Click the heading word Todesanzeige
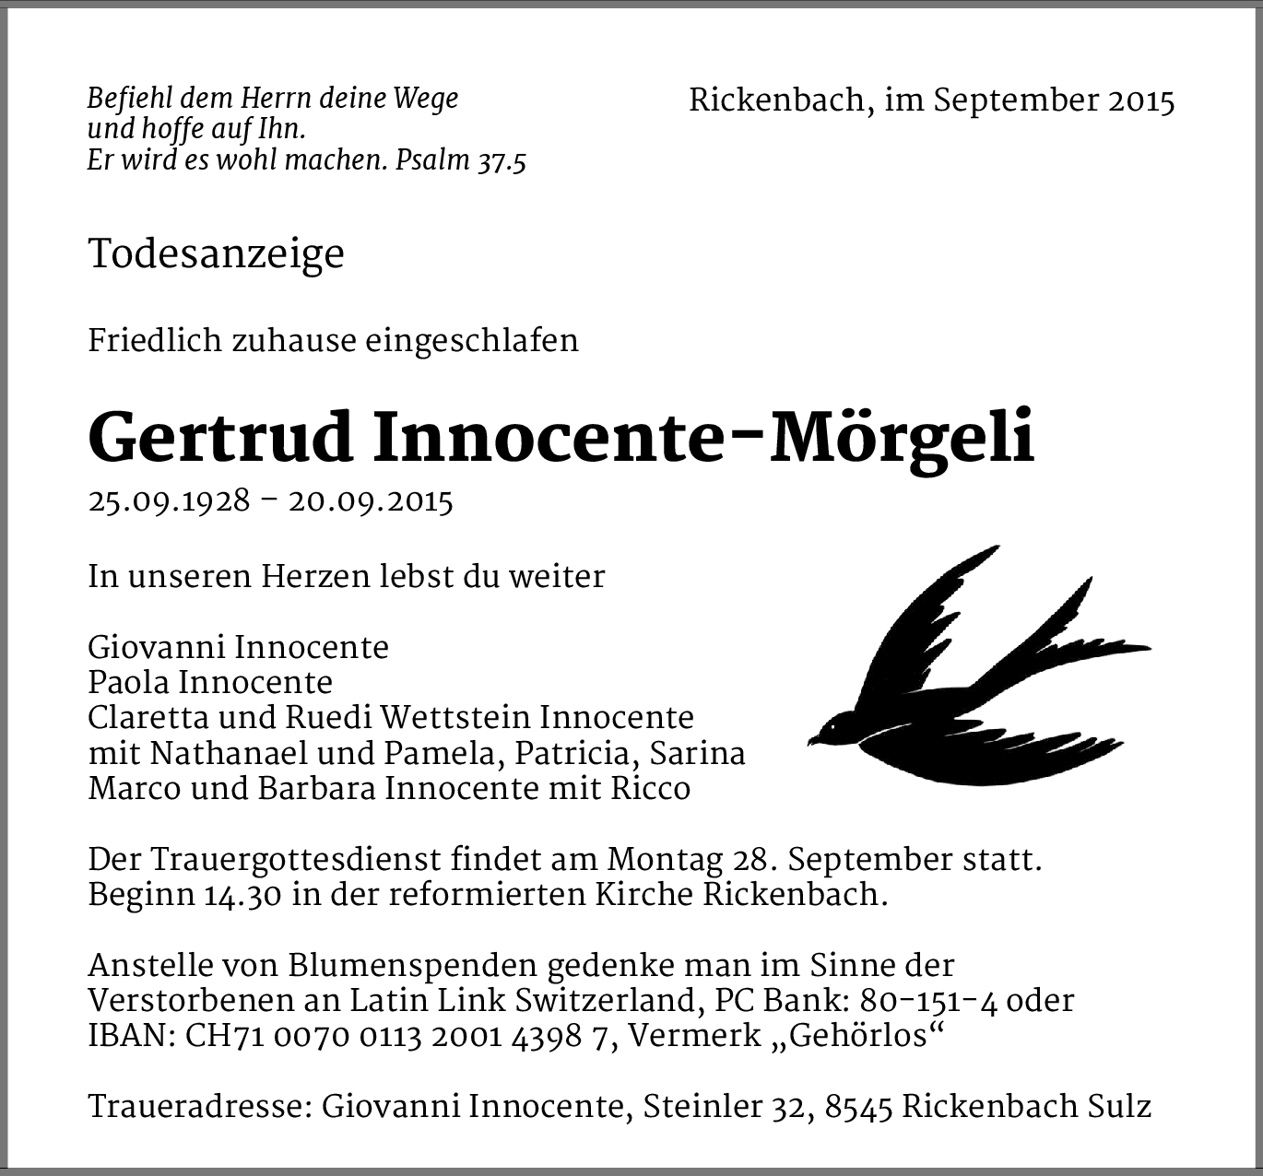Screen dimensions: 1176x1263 (216, 254)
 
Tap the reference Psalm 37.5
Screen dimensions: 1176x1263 (460, 160)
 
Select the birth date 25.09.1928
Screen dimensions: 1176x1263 (169, 501)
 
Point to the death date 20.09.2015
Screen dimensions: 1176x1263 (371, 501)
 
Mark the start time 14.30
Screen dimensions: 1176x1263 (243, 896)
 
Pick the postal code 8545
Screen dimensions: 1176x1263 (858, 1106)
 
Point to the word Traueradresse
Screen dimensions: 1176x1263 (195, 1106)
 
